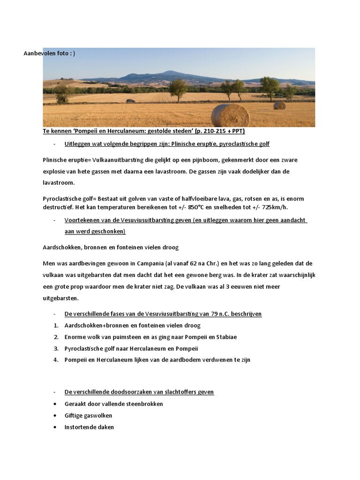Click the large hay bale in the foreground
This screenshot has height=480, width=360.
click(x=230, y=115)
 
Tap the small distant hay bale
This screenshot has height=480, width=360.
click(x=279, y=105)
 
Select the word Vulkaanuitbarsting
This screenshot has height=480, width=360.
click(x=104, y=160)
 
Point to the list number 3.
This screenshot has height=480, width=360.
click(x=56, y=349)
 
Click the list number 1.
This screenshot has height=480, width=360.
click(x=56, y=326)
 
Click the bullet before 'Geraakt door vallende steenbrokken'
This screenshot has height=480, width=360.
click(x=56, y=404)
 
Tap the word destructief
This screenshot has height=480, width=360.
click(x=58, y=208)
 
